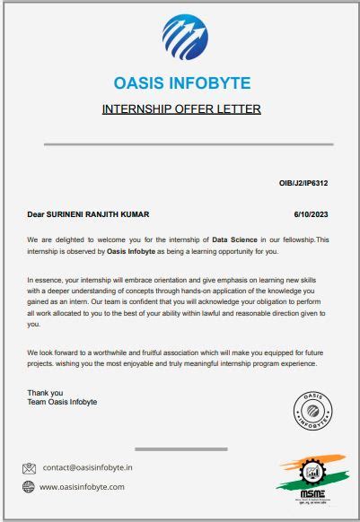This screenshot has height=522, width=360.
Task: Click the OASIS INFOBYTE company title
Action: tap(182, 84)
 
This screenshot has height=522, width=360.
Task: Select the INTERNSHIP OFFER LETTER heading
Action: tap(182, 109)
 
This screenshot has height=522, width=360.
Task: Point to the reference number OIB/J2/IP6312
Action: tap(303, 183)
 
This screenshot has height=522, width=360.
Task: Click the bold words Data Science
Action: tap(233, 240)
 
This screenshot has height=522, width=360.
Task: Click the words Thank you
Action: tap(45, 393)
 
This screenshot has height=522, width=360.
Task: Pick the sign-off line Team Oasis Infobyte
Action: tap(62, 402)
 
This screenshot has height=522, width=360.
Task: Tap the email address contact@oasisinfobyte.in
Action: tap(88, 467)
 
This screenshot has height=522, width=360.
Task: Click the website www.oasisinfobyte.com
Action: tap(82, 486)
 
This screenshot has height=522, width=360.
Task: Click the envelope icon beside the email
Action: tap(29, 467)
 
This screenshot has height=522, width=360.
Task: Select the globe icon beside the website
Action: tap(29, 486)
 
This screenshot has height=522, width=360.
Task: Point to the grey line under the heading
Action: tap(182, 144)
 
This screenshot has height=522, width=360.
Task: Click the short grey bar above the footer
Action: tap(180, 448)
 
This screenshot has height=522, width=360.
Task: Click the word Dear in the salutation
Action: tap(36, 214)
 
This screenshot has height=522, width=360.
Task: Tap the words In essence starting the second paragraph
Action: tap(45, 281)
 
